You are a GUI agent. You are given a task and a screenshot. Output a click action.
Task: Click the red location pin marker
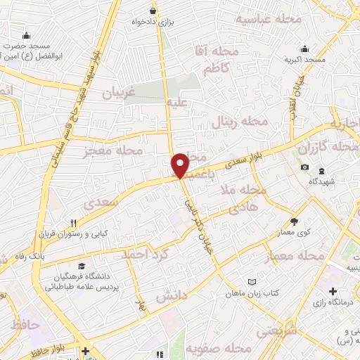tap(180, 165)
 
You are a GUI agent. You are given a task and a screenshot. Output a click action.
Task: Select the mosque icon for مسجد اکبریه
tap(304, 49)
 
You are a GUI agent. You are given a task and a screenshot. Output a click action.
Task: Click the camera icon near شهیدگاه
tap(304, 167)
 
